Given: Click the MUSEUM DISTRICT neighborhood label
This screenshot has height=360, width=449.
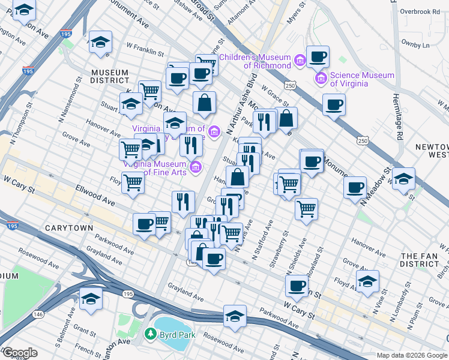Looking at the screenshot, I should [x=110, y=77].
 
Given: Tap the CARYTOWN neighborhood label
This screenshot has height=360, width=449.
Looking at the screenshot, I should [x=69, y=229].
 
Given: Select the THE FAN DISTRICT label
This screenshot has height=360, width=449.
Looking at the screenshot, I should [x=420, y=260].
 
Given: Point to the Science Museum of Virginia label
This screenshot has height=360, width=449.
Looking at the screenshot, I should [x=362, y=79].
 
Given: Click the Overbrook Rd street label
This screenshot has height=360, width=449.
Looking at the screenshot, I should [x=420, y=11].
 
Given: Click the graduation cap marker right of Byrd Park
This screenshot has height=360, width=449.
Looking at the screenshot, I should [x=235, y=316].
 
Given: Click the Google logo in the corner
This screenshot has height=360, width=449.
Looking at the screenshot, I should [x=19, y=353].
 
